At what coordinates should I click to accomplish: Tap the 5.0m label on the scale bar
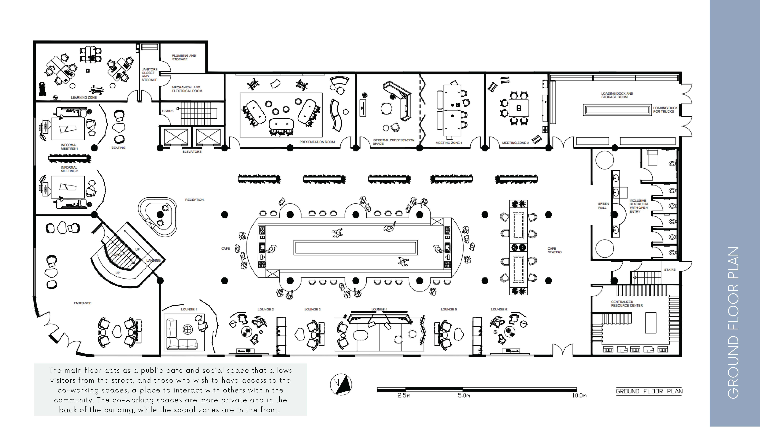(464, 395)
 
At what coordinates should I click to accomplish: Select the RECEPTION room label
(194, 200)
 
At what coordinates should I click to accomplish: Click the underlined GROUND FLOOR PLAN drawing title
(649, 391)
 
